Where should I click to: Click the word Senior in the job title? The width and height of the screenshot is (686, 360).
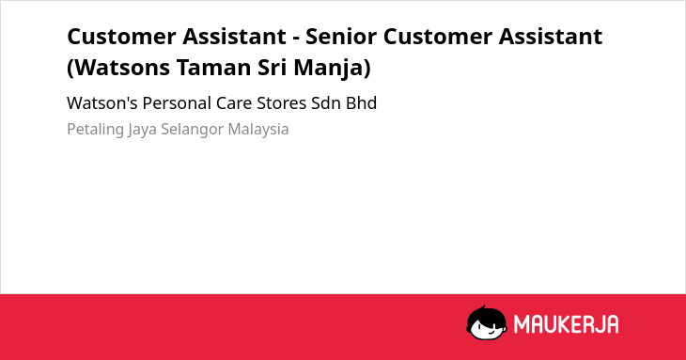(340, 37)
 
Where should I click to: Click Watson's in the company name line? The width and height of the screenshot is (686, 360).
(101, 103)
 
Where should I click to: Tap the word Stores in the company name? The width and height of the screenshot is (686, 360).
(281, 103)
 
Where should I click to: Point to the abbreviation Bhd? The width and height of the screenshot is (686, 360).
(362, 103)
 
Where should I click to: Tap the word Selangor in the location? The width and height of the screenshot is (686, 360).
(192, 130)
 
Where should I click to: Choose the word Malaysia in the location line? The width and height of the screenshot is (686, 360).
(258, 130)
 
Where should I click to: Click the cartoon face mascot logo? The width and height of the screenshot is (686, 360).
(487, 322)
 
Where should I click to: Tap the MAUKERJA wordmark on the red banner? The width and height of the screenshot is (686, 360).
(566, 324)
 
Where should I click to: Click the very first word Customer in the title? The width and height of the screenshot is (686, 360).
(121, 37)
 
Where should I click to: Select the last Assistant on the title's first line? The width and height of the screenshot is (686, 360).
(551, 37)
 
